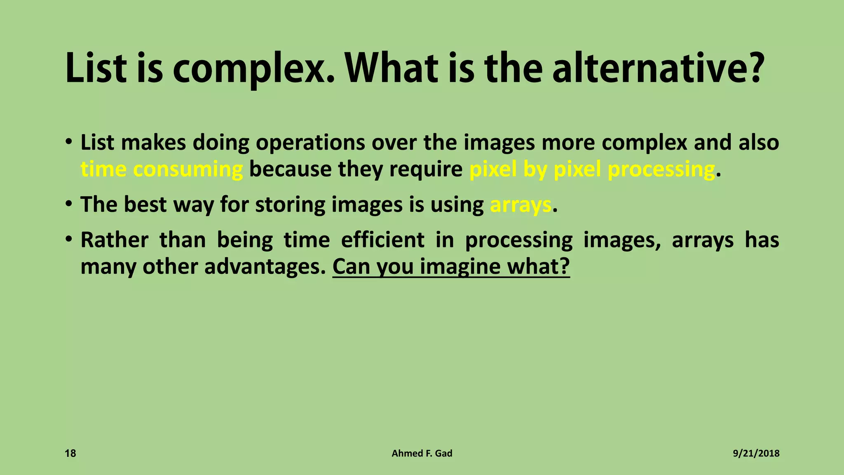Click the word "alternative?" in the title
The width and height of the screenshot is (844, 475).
658,68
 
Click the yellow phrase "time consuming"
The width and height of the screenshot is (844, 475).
162,169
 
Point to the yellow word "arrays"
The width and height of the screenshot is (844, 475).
520,205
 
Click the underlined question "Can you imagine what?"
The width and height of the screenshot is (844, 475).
451,266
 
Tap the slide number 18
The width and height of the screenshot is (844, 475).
70,454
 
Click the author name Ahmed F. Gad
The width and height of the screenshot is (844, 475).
422,454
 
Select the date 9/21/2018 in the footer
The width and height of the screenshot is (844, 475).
756,454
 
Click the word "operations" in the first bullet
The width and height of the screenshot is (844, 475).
310,143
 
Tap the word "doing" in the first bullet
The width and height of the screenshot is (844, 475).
221,143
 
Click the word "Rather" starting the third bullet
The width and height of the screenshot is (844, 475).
114,240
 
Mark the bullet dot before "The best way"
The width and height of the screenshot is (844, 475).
69,204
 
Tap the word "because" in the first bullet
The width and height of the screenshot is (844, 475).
290,169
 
